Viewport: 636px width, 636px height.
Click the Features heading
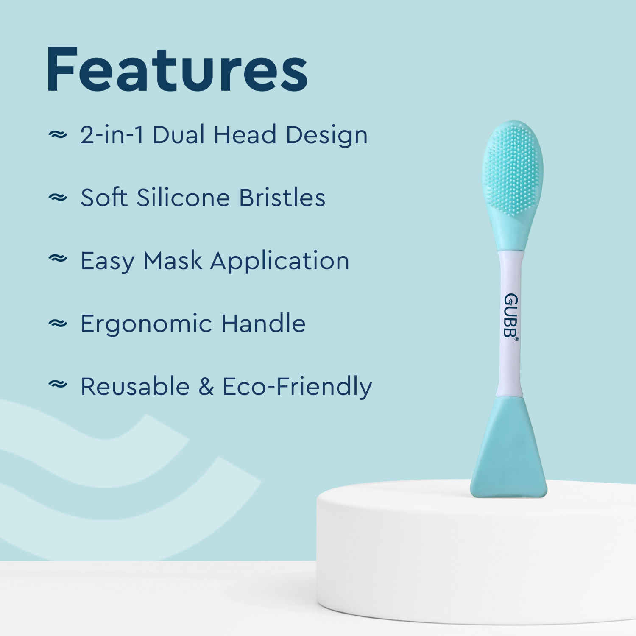click(x=177, y=70)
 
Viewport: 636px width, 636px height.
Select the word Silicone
click(x=183, y=198)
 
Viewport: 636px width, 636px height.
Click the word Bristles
click(x=282, y=198)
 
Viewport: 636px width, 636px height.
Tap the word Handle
click(x=263, y=324)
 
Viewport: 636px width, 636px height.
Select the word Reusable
click(x=135, y=387)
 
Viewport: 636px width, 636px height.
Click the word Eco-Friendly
click(x=297, y=387)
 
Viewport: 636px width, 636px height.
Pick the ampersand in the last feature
click(x=206, y=387)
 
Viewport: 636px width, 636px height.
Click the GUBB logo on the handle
click(x=511, y=316)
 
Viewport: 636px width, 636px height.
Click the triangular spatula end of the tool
click(x=509, y=454)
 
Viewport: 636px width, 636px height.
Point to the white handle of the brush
click(x=510, y=360)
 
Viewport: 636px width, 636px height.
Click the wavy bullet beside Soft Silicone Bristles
click(x=58, y=197)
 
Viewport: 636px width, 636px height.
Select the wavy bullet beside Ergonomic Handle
click(x=58, y=324)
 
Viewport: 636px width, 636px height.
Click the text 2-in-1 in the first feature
click(x=112, y=135)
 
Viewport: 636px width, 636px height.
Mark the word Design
click(x=326, y=136)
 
